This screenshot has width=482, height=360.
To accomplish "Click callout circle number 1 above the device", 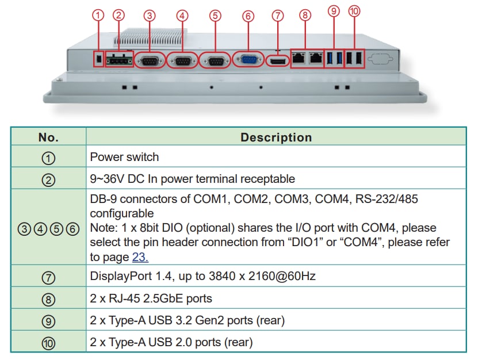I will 98,16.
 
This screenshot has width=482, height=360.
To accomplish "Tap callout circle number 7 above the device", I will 278,16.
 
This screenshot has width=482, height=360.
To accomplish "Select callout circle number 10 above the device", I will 354,11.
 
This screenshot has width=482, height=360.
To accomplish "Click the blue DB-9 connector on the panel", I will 248,60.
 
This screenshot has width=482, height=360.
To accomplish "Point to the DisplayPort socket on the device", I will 278,60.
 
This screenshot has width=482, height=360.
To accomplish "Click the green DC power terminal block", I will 121,59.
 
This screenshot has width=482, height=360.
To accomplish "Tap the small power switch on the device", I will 98,59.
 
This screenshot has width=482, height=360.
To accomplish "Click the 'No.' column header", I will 49,137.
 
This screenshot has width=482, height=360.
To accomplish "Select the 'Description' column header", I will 276,137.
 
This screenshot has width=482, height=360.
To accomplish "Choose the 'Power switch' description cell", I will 125,157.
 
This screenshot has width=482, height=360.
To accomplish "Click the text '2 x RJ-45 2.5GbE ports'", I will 151,298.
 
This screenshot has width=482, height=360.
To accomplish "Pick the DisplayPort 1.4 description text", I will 202,276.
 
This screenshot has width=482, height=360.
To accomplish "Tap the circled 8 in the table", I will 49,299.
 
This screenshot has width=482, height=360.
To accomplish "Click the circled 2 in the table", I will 49,179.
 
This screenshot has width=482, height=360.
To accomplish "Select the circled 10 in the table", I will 49,343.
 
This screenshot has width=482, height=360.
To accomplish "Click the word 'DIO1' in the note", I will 303,242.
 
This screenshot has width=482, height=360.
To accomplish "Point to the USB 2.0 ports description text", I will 171,342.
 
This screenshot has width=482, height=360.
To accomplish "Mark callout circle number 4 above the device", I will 182,16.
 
